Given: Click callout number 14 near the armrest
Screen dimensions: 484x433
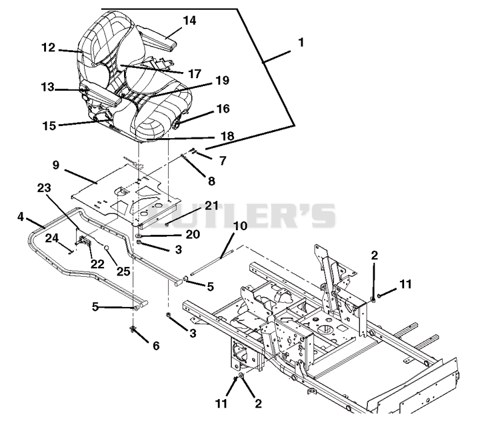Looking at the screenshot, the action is [189, 21].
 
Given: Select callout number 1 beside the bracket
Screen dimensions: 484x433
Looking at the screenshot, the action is [301, 42].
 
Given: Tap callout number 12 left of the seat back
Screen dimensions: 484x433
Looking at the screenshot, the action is [48, 48].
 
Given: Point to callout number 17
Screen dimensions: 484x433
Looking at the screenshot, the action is [195, 74].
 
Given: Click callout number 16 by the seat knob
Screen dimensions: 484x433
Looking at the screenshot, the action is [223, 109].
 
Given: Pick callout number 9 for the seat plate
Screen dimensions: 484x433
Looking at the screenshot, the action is [56, 165].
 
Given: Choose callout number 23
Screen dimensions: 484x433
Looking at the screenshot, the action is [44, 188].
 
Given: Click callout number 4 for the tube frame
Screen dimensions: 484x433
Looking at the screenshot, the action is [21, 217].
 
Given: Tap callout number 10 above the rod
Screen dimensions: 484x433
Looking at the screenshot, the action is [240, 226].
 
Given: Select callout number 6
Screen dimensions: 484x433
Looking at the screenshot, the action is [156, 346].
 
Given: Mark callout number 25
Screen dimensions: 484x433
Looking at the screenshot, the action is [123, 271].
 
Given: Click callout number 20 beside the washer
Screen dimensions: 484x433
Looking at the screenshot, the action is [193, 234].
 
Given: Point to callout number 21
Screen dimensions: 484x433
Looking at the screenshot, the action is [212, 206].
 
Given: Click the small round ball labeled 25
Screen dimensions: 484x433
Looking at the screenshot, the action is [106, 248].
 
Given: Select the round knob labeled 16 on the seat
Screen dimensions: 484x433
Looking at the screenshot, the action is [177, 125].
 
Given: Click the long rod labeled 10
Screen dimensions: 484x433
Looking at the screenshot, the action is [212, 263].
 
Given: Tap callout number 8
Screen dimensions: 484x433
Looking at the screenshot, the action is [211, 181].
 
